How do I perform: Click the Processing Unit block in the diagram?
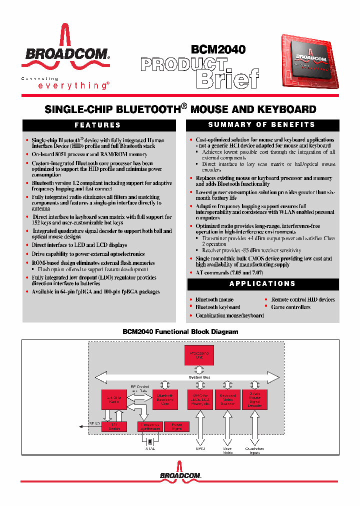(199, 355)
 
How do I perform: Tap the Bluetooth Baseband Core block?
(165, 399)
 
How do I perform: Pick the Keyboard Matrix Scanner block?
(227, 400)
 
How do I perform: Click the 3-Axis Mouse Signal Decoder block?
(255, 400)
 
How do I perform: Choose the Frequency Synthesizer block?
(149, 426)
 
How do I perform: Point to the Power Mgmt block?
(177, 426)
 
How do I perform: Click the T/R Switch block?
(114, 426)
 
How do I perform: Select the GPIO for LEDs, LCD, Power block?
(200, 400)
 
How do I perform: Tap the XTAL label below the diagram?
(150, 448)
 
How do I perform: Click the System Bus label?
(199, 376)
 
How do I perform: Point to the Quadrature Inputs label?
(254, 450)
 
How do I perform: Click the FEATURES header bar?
(98, 125)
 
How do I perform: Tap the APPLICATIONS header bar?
(262, 284)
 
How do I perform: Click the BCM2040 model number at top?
(218, 49)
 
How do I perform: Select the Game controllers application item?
(290, 307)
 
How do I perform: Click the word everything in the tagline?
(72, 86)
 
